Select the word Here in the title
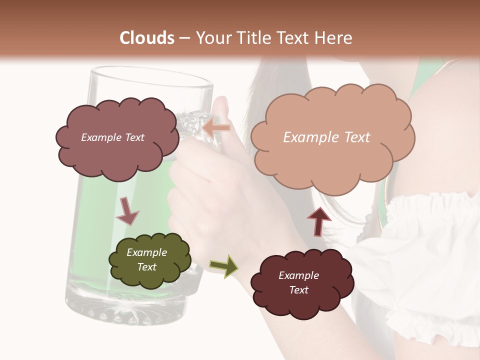tap(333, 38)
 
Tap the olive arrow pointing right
tap(224, 266)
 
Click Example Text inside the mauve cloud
tap(113, 137)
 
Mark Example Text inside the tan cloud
tap(326, 137)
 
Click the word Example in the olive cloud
tap(146, 252)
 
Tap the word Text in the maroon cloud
tap(298, 290)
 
